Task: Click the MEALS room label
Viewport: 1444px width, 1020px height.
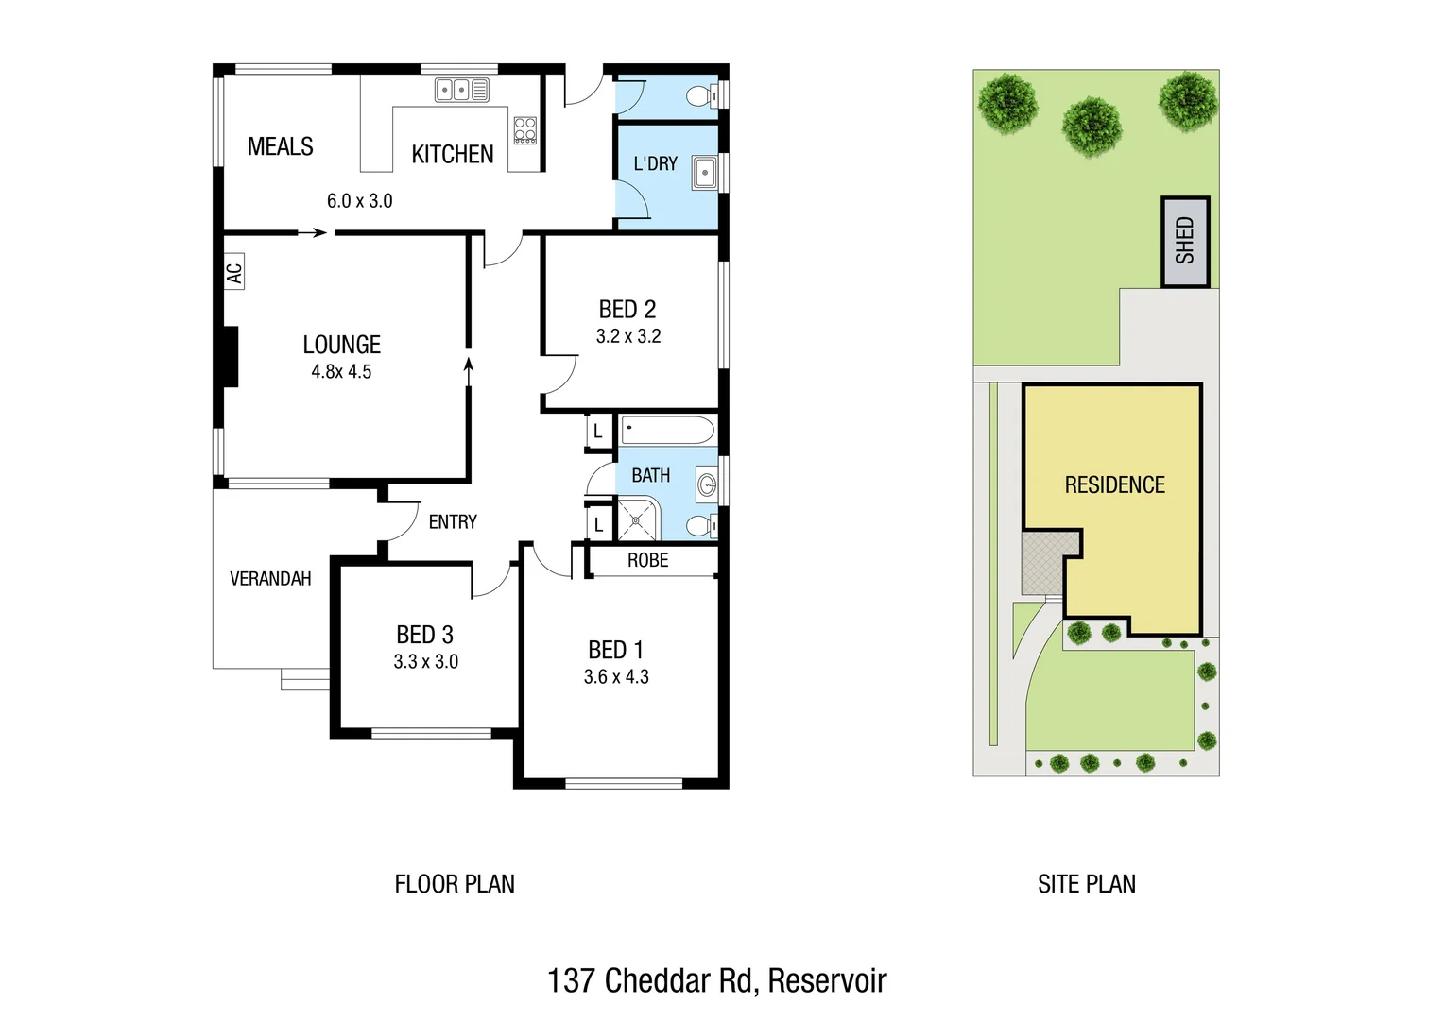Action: (280, 147)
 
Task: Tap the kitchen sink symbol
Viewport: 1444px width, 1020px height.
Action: (461, 90)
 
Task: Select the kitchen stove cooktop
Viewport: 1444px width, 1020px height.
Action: (524, 130)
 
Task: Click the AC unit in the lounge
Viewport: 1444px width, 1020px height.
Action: (234, 272)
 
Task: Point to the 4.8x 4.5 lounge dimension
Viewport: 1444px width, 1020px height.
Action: (341, 372)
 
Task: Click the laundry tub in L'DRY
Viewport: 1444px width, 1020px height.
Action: (704, 174)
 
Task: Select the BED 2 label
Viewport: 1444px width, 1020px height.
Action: (627, 310)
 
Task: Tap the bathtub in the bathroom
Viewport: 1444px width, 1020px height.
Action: (667, 431)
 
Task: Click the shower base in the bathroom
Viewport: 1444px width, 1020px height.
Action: (638, 519)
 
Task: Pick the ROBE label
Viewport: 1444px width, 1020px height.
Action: (647, 561)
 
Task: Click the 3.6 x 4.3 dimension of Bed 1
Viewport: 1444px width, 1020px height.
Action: (616, 677)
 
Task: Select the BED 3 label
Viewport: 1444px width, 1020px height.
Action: (424, 635)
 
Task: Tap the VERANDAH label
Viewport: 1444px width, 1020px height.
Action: (270, 579)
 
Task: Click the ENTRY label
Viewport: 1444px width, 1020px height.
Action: (453, 522)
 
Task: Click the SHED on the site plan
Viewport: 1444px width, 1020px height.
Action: (1185, 242)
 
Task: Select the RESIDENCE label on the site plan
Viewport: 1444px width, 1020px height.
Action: (1114, 485)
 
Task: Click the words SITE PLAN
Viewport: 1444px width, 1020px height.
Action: (1087, 885)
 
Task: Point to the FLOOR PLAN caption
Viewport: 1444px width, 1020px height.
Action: (455, 885)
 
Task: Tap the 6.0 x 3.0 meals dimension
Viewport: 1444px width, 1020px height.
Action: (359, 201)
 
